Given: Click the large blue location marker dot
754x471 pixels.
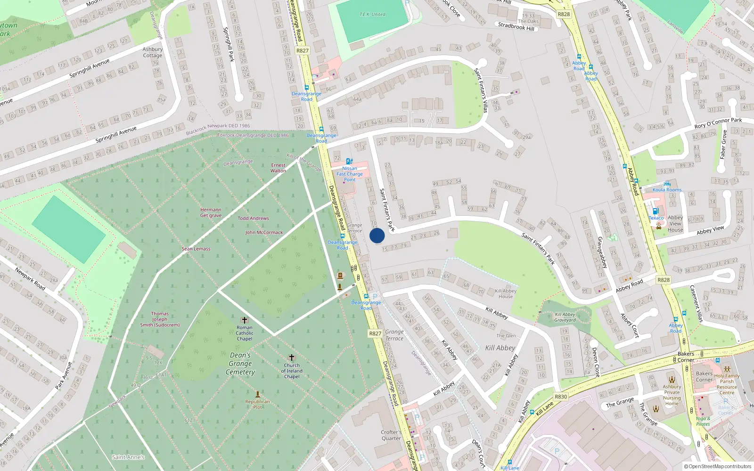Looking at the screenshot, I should pyautogui.click(x=377, y=236).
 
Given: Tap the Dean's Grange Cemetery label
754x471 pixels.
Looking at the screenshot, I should pyautogui.click(x=240, y=364).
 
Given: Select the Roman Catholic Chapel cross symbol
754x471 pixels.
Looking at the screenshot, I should pyautogui.click(x=244, y=320).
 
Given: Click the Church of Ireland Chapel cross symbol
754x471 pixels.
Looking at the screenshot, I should pyautogui.click(x=292, y=358).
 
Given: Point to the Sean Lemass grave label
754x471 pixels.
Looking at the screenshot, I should pyautogui.click(x=196, y=249).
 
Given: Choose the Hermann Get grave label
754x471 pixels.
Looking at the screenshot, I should pyautogui.click(x=211, y=212).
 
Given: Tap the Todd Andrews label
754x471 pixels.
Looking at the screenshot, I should pyautogui.click(x=253, y=218).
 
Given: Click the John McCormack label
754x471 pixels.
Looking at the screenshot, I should pyautogui.click(x=264, y=232).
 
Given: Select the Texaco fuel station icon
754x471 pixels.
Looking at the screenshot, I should pyautogui.click(x=655, y=211).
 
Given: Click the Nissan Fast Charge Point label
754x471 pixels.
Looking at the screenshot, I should pyautogui.click(x=350, y=174).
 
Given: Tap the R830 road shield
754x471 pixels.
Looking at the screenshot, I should pyautogui.click(x=561, y=397).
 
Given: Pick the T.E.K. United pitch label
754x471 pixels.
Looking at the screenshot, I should pyautogui.click(x=372, y=15).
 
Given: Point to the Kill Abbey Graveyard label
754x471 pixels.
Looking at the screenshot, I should pyautogui.click(x=565, y=317).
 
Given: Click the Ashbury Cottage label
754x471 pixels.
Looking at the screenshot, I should pyautogui.click(x=153, y=52).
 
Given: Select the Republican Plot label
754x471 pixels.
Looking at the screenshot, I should pyautogui.click(x=257, y=404).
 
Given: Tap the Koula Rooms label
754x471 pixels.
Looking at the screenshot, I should pyautogui.click(x=667, y=190).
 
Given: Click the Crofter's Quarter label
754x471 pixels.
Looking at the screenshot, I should pyautogui.click(x=391, y=435).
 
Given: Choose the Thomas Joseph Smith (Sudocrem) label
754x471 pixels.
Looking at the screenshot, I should pyautogui.click(x=160, y=319).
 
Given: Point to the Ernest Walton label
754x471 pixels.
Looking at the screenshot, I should pyautogui.click(x=278, y=168).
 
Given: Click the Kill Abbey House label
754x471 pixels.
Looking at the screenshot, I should pyautogui.click(x=506, y=293).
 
